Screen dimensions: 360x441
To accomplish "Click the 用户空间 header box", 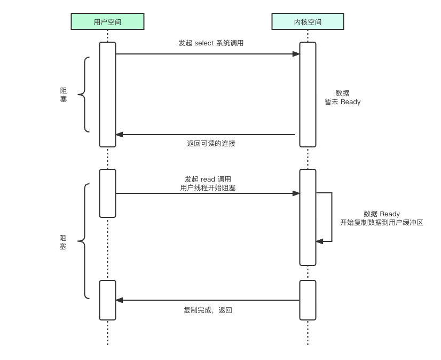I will (x=107, y=21).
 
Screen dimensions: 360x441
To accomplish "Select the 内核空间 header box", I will (x=308, y=21).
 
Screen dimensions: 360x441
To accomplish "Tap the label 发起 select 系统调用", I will (x=211, y=43).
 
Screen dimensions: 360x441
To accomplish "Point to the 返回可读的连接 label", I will (x=211, y=143).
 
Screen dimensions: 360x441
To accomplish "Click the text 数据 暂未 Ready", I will (x=342, y=97).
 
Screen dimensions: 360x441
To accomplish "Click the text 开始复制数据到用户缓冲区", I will (x=381, y=223).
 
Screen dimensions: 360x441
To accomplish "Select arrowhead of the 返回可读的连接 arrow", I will (x=120, y=135).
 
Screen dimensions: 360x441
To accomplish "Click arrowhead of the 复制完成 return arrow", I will (x=120, y=300).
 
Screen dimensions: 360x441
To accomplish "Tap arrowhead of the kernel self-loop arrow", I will (x=319, y=241).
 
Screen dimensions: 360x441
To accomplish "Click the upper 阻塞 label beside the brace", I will (x=64, y=95).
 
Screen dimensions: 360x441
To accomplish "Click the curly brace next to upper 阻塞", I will (x=83, y=95).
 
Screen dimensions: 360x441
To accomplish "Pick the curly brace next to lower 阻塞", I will (x=83, y=241).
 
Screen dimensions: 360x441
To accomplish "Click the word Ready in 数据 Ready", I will (x=390, y=214).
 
